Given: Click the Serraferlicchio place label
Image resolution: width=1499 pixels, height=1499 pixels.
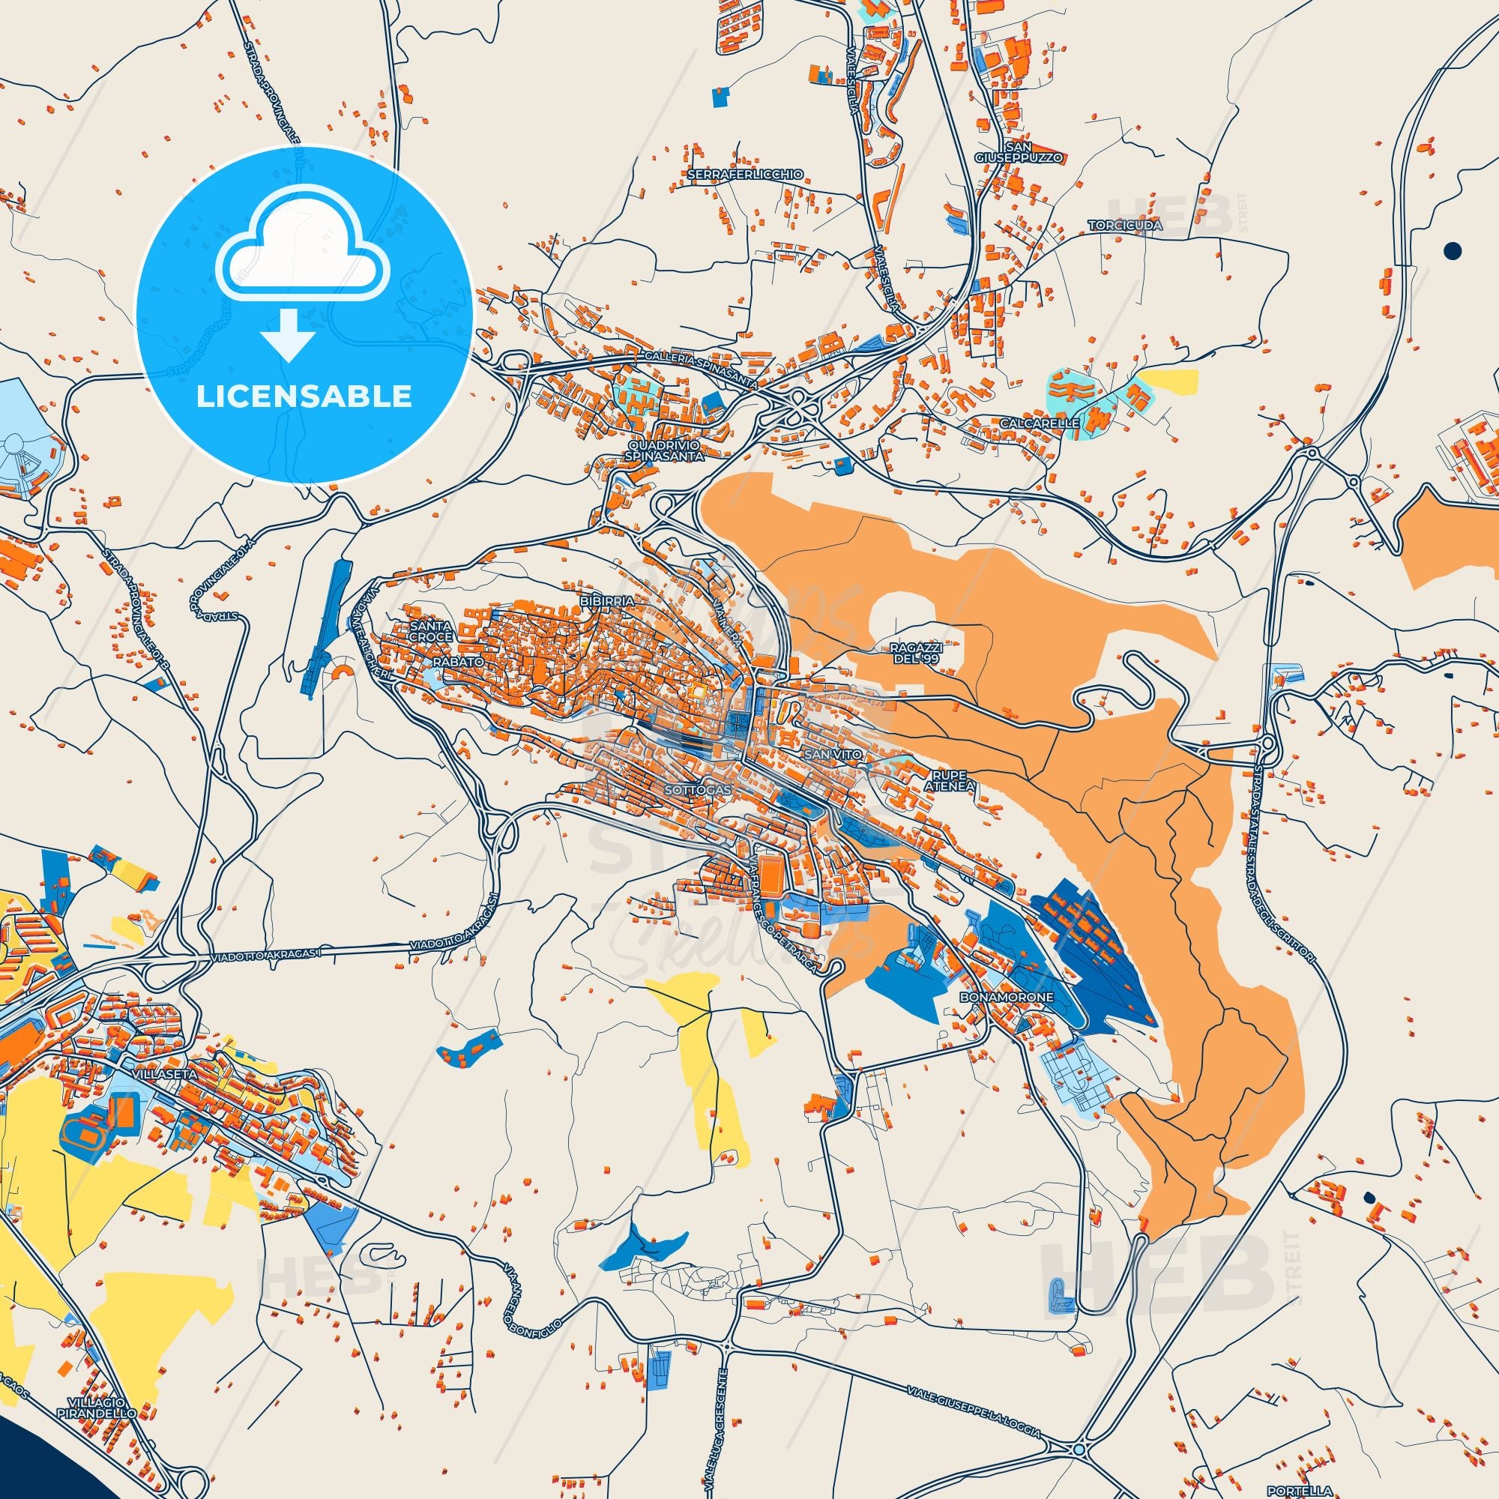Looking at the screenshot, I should point(735,175).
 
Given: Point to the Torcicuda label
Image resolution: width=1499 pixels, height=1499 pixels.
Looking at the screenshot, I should point(1124,225).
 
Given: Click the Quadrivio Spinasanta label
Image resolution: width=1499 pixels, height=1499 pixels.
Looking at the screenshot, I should point(667,451).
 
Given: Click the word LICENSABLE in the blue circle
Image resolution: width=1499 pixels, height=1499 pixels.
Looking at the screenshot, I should point(304,396).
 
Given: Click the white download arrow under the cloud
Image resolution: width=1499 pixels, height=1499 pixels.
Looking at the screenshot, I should point(288,334).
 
